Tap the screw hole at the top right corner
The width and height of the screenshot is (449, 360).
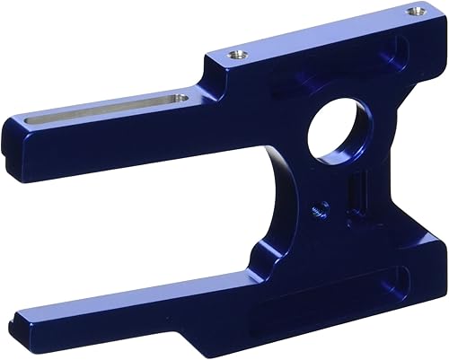413,12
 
